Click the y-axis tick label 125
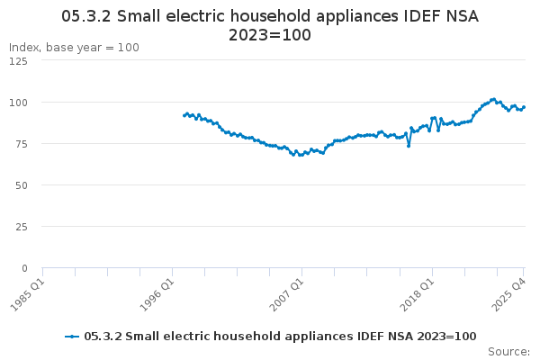pyautogui.click(x=17, y=60)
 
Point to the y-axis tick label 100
pyautogui.click(x=17, y=102)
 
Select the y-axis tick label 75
pyautogui.click(x=20, y=143)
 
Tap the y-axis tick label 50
pyautogui.click(x=20, y=184)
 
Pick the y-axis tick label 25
pyautogui.click(x=20, y=226)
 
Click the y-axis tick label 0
pyautogui.click(x=23, y=267)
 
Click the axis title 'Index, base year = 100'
pyautogui.click(x=74, y=47)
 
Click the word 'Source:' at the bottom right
pyautogui.click(x=508, y=351)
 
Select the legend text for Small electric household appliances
pyautogui.click(x=280, y=336)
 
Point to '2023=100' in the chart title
pyautogui.click(x=270, y=35)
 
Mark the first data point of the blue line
pyautogui.click(x=184, y=115)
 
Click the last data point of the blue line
pyautogui.click(x=524, y=107)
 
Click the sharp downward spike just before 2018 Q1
pyautogui.click(x=409, y=146)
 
